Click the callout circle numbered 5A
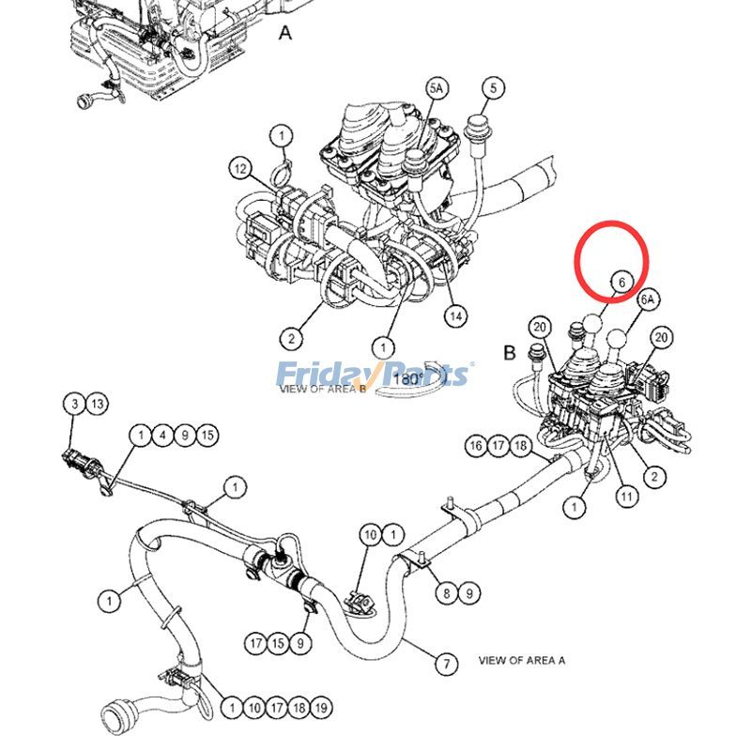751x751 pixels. [x=437, y=88]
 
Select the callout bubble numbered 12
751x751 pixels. [x=241, y=169]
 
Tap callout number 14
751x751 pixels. [x=455, y=316]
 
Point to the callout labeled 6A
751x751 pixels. [x=647, y=299]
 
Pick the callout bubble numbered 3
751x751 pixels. [x=74, y=405]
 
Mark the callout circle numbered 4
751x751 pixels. [x=163, y=435]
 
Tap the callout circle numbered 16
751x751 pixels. [x=476, y=446]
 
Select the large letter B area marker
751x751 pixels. [x=509, y=353]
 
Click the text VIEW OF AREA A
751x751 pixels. [x=522, y=660]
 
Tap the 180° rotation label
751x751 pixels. [x=407, y=380]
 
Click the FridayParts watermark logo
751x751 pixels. [x=373, y=375]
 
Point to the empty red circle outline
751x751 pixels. [x=611, y=257]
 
